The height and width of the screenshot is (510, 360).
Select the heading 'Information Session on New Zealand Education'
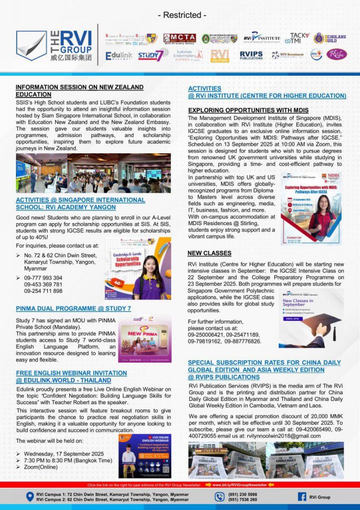coord(79,90)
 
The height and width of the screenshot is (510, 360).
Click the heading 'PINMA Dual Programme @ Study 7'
coord(73,308)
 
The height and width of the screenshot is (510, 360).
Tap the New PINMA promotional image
coord(144,338)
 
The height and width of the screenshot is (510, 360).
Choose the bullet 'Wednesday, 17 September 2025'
coord(64,454)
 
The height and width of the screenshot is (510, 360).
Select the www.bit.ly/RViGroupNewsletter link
coord(240,484)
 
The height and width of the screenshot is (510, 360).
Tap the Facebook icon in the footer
coord(302,497)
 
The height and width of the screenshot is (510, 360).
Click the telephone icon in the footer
coord(220,497)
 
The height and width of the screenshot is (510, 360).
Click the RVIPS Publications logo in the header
coord(251,55)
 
